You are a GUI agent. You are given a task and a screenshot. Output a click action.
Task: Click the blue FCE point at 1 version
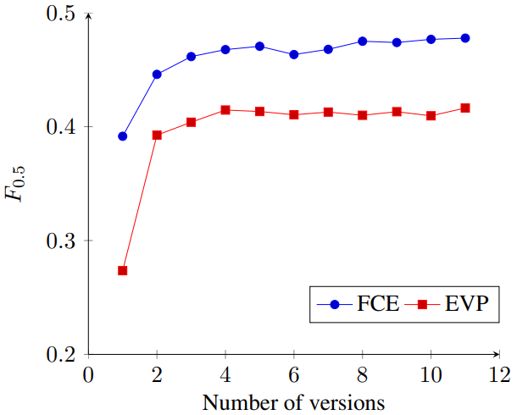123,136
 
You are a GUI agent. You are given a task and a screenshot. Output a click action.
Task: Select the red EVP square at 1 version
123,271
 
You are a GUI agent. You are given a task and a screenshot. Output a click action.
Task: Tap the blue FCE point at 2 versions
157,75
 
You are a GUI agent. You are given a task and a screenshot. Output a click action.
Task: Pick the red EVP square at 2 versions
157,135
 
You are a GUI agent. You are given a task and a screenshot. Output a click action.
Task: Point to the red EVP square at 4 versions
225,110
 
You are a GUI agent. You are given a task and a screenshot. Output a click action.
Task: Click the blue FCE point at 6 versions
294,54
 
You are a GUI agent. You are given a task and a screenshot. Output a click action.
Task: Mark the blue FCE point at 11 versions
465,38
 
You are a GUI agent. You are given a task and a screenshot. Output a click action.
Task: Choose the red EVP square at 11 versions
465,108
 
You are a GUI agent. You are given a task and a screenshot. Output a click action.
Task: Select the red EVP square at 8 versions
363,115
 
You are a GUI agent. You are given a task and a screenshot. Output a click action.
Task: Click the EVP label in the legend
466,303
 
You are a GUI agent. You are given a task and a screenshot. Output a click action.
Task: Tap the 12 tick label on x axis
499,374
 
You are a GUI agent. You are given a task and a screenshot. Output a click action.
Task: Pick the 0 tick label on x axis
88,374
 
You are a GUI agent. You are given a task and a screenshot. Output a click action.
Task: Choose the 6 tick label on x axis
294,374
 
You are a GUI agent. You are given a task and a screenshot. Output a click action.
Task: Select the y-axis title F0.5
16,184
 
